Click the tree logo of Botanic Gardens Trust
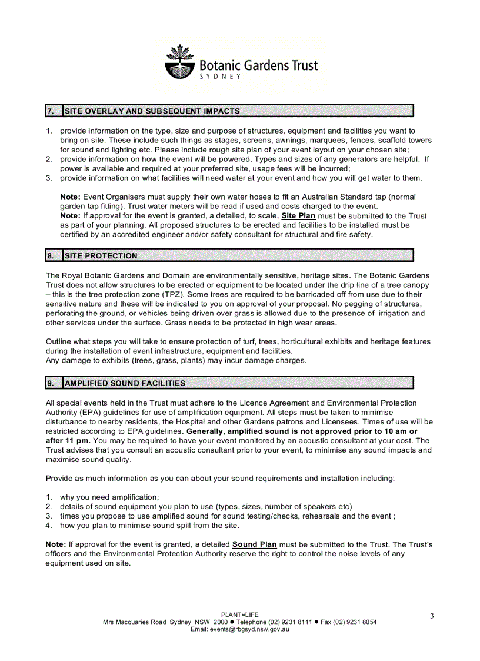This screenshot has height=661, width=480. [179, 62]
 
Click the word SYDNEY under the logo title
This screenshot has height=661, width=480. [221, 77]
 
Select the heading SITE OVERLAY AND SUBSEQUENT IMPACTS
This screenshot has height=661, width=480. [152, 111]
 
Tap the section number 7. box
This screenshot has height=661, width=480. [53, 111]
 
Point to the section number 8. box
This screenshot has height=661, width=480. [53, 255]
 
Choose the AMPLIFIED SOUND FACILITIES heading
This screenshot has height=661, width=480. [125, 383]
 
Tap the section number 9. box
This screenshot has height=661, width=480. [53, 383]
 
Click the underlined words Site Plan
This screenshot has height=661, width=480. [298, 216]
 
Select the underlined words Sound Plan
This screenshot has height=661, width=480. [255, 544]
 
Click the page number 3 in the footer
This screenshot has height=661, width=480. [431, 616]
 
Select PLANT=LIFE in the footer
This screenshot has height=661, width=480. [239, 615]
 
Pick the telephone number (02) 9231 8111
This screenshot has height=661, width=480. [291, 622]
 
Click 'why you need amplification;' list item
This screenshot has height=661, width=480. [109, 497]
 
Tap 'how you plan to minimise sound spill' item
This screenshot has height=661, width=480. [149, 526]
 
